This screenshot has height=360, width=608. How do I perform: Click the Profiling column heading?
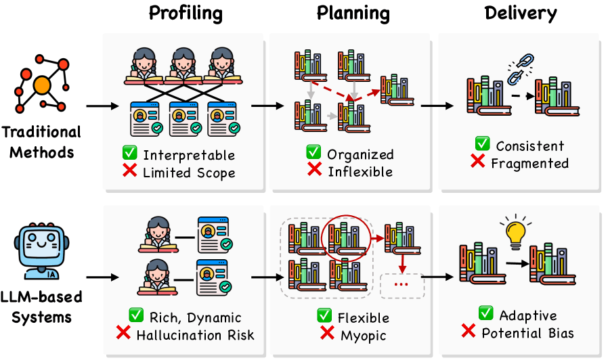pyautogui.click(x=186, y=13)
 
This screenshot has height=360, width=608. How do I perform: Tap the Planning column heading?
pyautogui.click(x=353, y=13)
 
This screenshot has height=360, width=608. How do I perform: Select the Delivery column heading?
pyautogui.click(x=521, y=13)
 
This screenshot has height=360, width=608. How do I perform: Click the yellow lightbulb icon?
pyautogui.click(x=516, y=231)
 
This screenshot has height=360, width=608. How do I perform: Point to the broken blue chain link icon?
pyautogui.click(x=521, y=69)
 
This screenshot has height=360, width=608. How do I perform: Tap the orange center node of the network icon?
pyautogui.click(x=42, y=85)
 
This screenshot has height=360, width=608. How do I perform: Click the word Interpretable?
pyautogui.click(x=189, y=155)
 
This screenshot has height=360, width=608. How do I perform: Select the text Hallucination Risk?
pyautogui.click(x=196, y=335)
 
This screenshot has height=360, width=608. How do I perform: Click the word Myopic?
pyautogui.click(x=364, y=336)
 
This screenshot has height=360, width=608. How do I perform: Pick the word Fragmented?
pyautogui.click(x=529, y=164)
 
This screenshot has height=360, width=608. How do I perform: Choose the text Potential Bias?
pyautogui.click(x=527, y=333)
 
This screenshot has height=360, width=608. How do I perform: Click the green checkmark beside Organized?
pyautogui.click(x=313, y=152)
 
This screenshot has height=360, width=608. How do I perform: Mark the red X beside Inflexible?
pyautogui.click(x=314, y=169)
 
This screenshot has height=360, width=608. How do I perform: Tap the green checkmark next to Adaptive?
pyautogui.click(x=486, y=313)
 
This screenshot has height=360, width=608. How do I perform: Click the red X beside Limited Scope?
pyautogui.click(x=129, y=170)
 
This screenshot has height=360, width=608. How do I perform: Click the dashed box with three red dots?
pyautogui.click(x=401, y=286)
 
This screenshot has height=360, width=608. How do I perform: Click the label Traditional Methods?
pyautogui.click(x=41, y=142)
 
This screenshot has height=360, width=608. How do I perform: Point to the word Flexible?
pyautogui.click(x=364, y=318)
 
